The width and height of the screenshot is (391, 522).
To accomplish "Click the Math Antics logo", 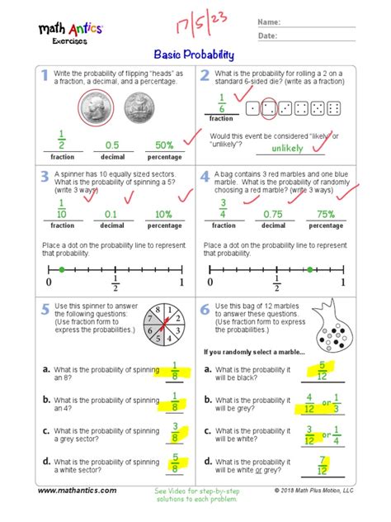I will click(70, 31).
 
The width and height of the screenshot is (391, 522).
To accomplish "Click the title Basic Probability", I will click(195, 55).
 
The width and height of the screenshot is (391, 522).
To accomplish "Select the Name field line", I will click(318, 22).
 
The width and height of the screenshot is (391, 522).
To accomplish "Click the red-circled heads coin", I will click(97, 107).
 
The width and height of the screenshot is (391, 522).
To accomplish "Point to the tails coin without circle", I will click(140, 107).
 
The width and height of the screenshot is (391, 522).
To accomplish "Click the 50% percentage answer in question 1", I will click(164, 145).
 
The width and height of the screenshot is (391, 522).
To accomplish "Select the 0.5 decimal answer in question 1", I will click(112, 145).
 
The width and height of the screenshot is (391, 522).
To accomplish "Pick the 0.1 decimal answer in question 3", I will click(112, 215).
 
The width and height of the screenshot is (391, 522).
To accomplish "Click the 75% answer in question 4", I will click(326, 215).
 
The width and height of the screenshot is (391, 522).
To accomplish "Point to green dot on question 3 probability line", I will click(61, 270).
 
